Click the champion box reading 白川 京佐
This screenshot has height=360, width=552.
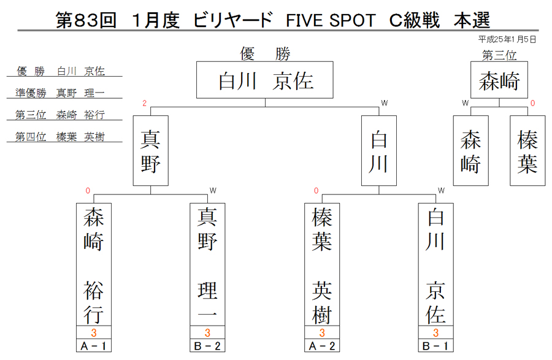click(265, 80)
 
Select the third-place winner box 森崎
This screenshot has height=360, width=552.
click(499, 80)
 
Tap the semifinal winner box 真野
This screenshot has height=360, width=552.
click(151, 151)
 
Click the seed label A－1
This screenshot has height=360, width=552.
click(94, 346)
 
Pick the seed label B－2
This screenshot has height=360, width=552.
click(207, 346)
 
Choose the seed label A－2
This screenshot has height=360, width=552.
click(322, 346)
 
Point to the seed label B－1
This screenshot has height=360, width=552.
click(436, 346)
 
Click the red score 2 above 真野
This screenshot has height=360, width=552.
click(144, 103)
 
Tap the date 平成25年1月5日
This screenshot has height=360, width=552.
click(507, 39)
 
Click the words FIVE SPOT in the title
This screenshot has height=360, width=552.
click(331, 20)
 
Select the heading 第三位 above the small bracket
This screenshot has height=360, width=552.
click(499, 55)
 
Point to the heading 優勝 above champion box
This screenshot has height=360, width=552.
click(265, 54)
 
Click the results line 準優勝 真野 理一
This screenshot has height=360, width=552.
click(60, 93)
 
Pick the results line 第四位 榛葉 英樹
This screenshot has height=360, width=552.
click(60, 137)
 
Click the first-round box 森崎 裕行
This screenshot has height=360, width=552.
click(94, 264)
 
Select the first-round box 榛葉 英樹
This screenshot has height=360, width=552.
click(322, 264)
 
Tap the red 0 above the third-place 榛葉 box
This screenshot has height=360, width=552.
click(532, 103)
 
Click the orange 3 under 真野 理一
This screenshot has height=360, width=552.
click(207, 332)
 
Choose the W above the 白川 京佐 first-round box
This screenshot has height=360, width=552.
click(441, 190)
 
